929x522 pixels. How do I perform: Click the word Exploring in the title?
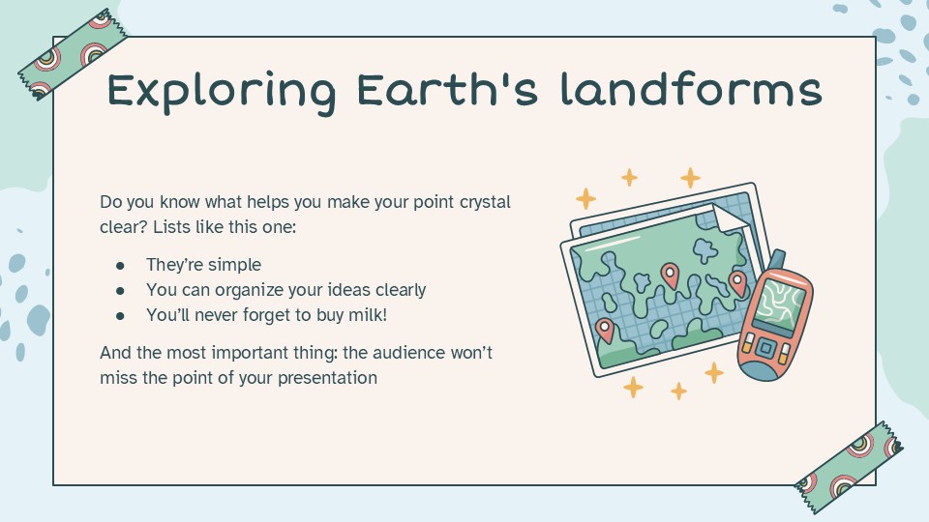221,92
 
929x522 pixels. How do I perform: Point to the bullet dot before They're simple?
121,265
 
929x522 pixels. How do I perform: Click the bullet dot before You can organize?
121,290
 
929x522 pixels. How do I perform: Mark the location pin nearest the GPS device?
737,282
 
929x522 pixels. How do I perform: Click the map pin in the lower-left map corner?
605,330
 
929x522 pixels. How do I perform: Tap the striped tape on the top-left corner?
74,54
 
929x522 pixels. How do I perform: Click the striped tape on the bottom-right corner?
848,459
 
